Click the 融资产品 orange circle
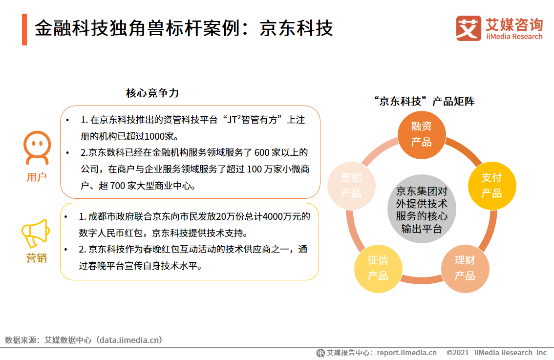[421, 134]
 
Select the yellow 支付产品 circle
[491, 185]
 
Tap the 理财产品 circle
[465, 268]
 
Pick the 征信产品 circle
[378, 268]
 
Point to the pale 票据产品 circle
[351, 186]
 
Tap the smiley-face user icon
[37, 148]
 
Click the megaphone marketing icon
[36, 233]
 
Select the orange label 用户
[37, 177]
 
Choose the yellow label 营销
[37, 258]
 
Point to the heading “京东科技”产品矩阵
[423, 101]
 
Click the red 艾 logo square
[469, 28]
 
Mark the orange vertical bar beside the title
[24, 29]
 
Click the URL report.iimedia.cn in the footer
[407, 353]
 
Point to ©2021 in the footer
[458, 353]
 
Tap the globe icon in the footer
[321, 353]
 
